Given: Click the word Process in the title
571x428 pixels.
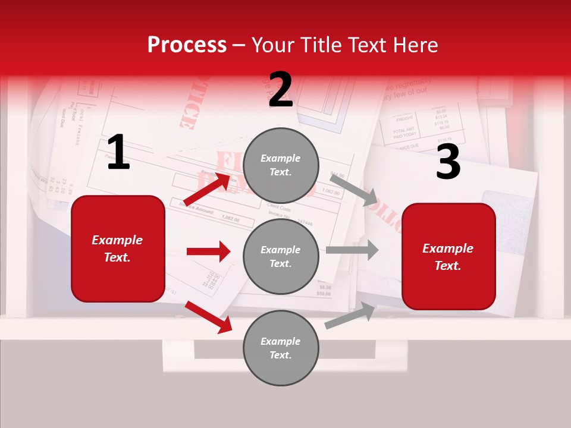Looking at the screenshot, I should (187, 45).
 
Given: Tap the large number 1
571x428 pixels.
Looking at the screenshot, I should (118, 153).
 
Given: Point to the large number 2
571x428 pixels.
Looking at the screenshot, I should (281, 90).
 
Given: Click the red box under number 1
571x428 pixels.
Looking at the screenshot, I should (118, 248).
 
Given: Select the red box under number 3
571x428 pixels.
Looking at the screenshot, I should (448, 256).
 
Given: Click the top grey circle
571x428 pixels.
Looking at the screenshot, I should (281, 165).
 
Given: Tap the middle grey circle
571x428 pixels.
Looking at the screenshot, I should (281, 256).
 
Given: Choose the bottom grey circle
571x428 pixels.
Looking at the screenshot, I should (281, 348).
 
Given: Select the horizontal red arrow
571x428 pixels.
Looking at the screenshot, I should (208, 251).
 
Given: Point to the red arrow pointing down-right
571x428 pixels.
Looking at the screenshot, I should (208, 317).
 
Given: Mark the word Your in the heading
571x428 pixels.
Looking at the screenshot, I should (274, 45).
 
